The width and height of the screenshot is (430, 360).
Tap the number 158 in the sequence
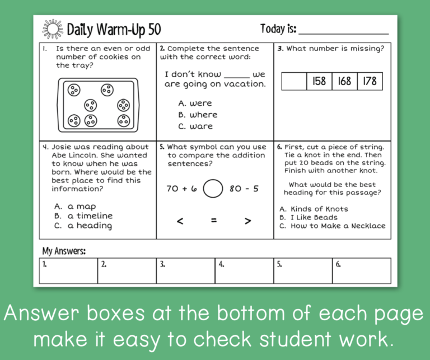[x=319, y=82]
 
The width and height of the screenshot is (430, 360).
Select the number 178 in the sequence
[x=370, y=82]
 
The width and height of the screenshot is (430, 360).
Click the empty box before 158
[x=294, y=82]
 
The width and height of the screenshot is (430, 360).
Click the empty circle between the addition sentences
[x=213, y=188]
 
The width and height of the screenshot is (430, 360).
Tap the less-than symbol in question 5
[x=180, y=221]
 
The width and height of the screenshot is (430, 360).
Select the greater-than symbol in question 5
[x=247, y=221]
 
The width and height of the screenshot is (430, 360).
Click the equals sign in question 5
[x=214, y=221]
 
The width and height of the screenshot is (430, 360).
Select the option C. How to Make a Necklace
[x=332, y=226]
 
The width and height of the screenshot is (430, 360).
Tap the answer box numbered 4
[x=244, y=270]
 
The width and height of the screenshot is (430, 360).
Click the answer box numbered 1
[x=68, y=270]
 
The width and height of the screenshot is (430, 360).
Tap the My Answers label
[x=64, y=251]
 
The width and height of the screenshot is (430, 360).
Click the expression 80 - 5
[x=244, y=189]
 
